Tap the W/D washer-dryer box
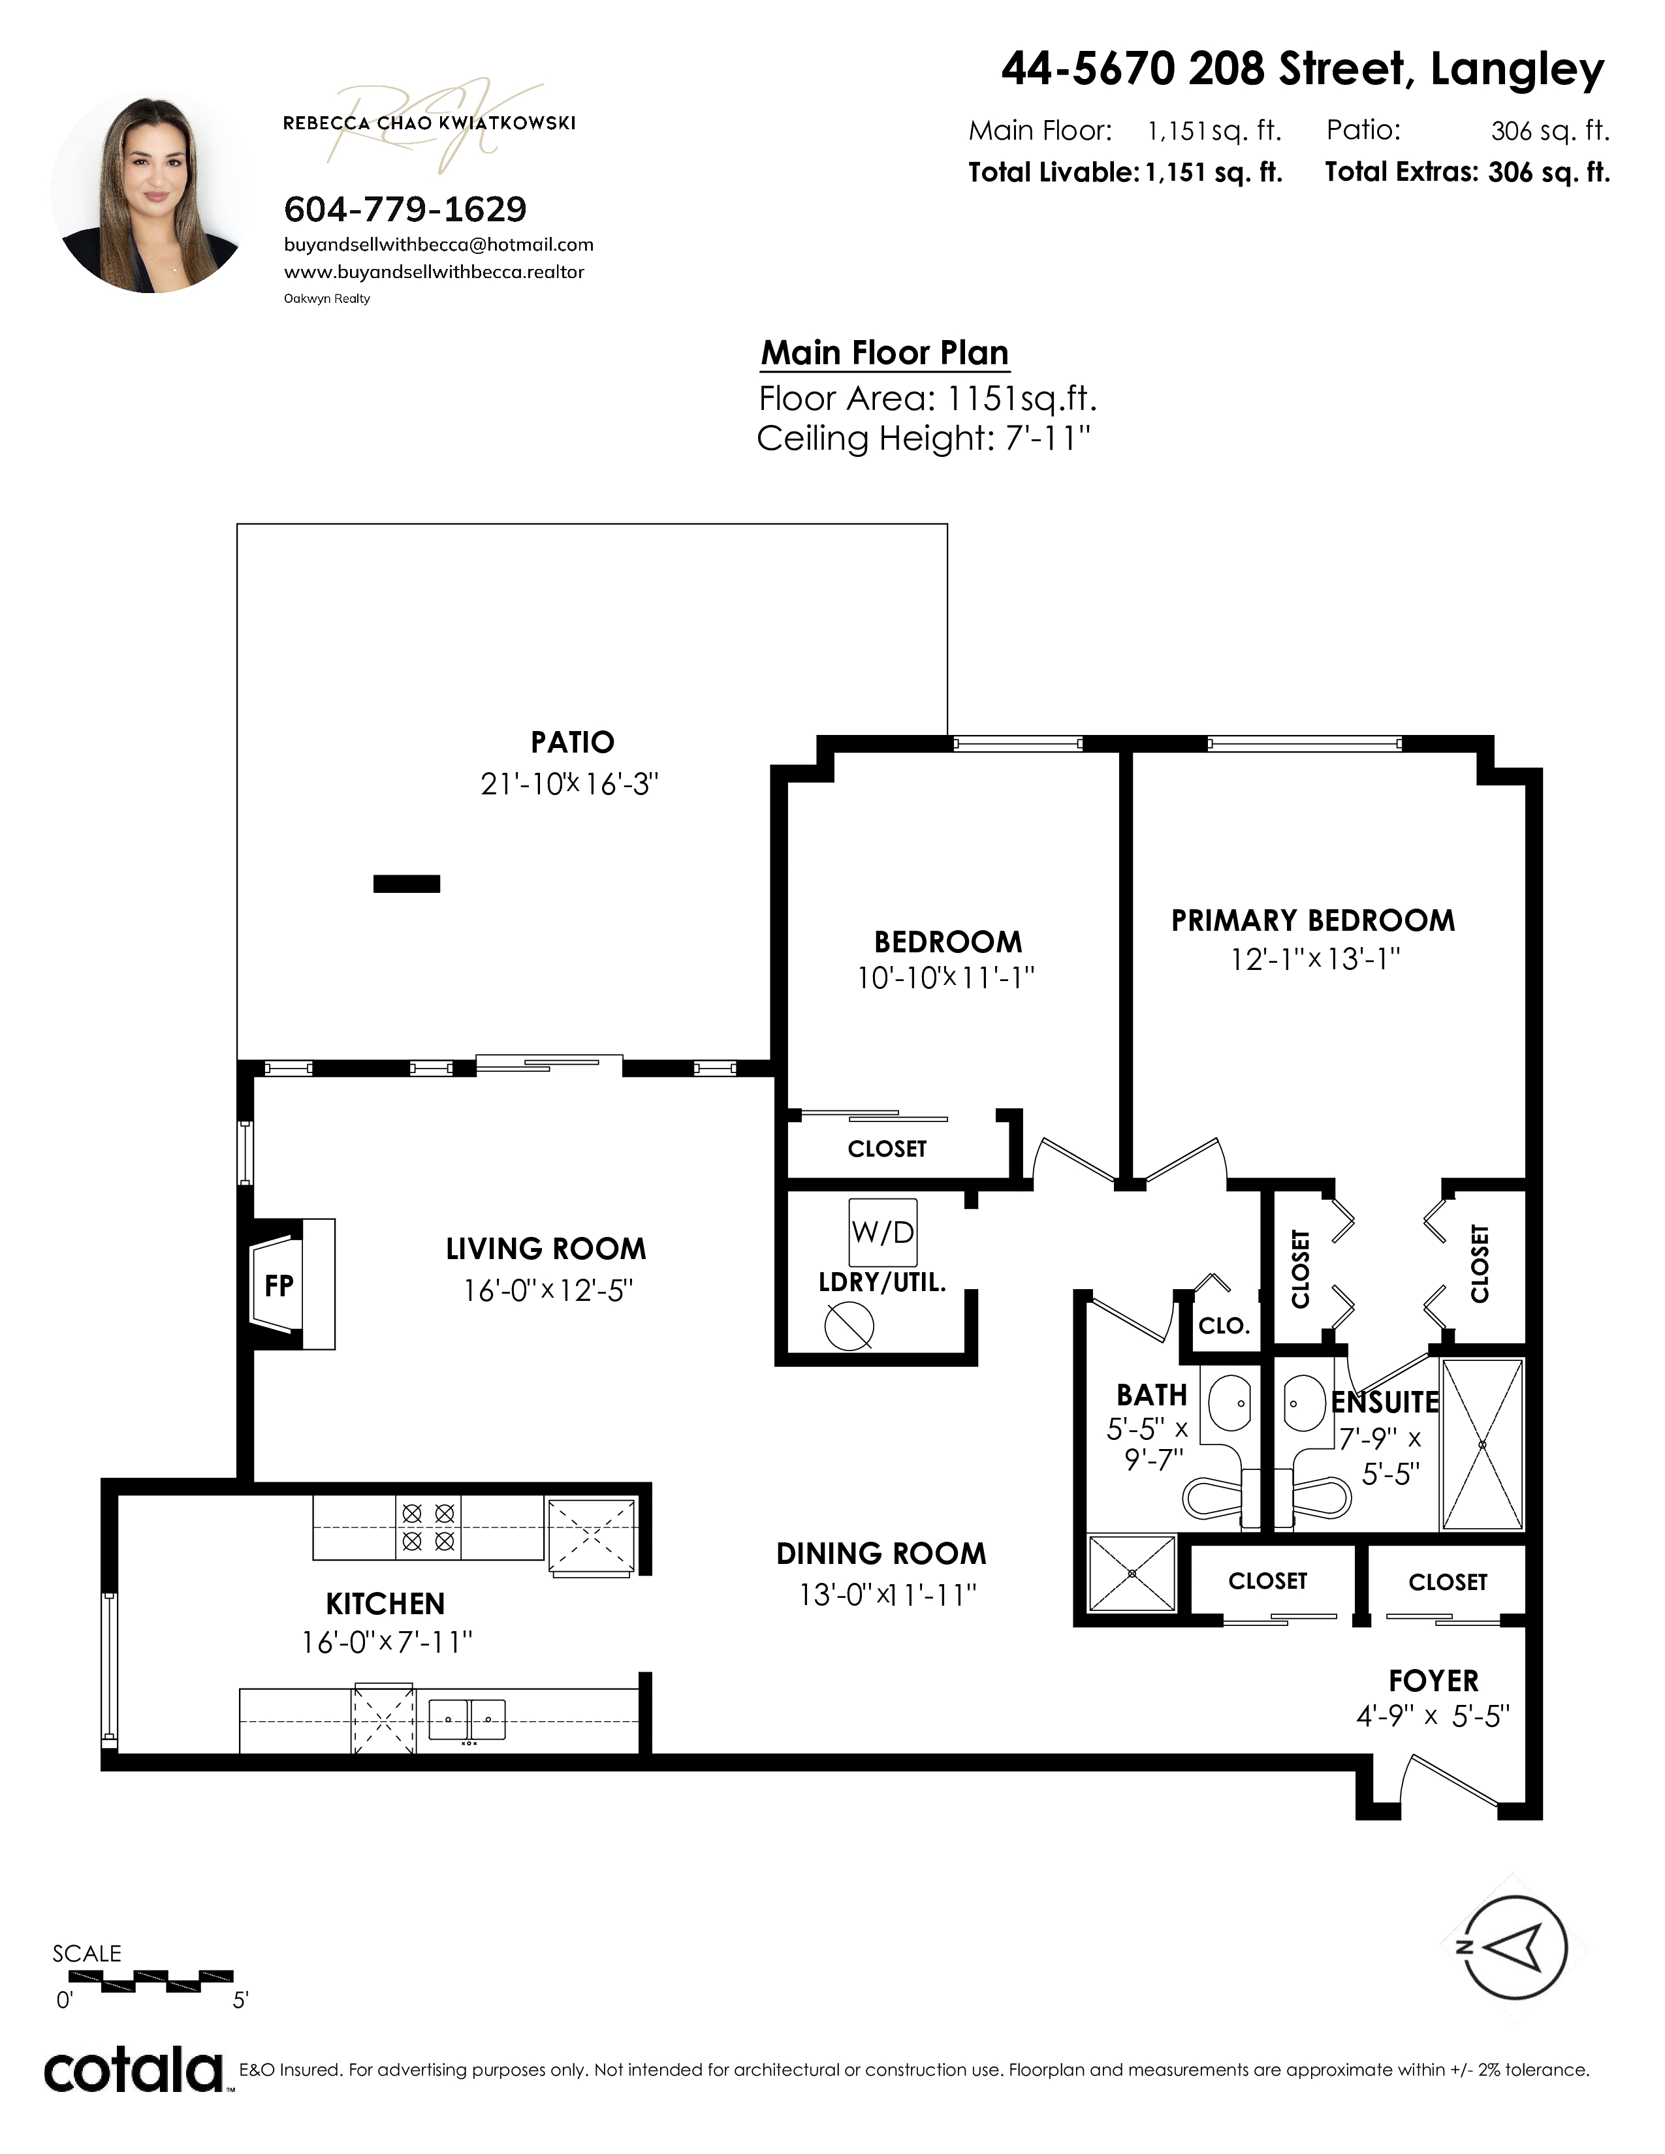tap(883, 1232)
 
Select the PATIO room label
tap(572, 741)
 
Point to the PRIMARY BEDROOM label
tap(1313, 920)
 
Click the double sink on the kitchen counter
tap(468, 1719)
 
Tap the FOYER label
tap(1433, 1681)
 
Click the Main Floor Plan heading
tap(885, 353)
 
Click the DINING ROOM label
tap(881, 1553)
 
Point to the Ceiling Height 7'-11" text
tap(924, 438)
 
